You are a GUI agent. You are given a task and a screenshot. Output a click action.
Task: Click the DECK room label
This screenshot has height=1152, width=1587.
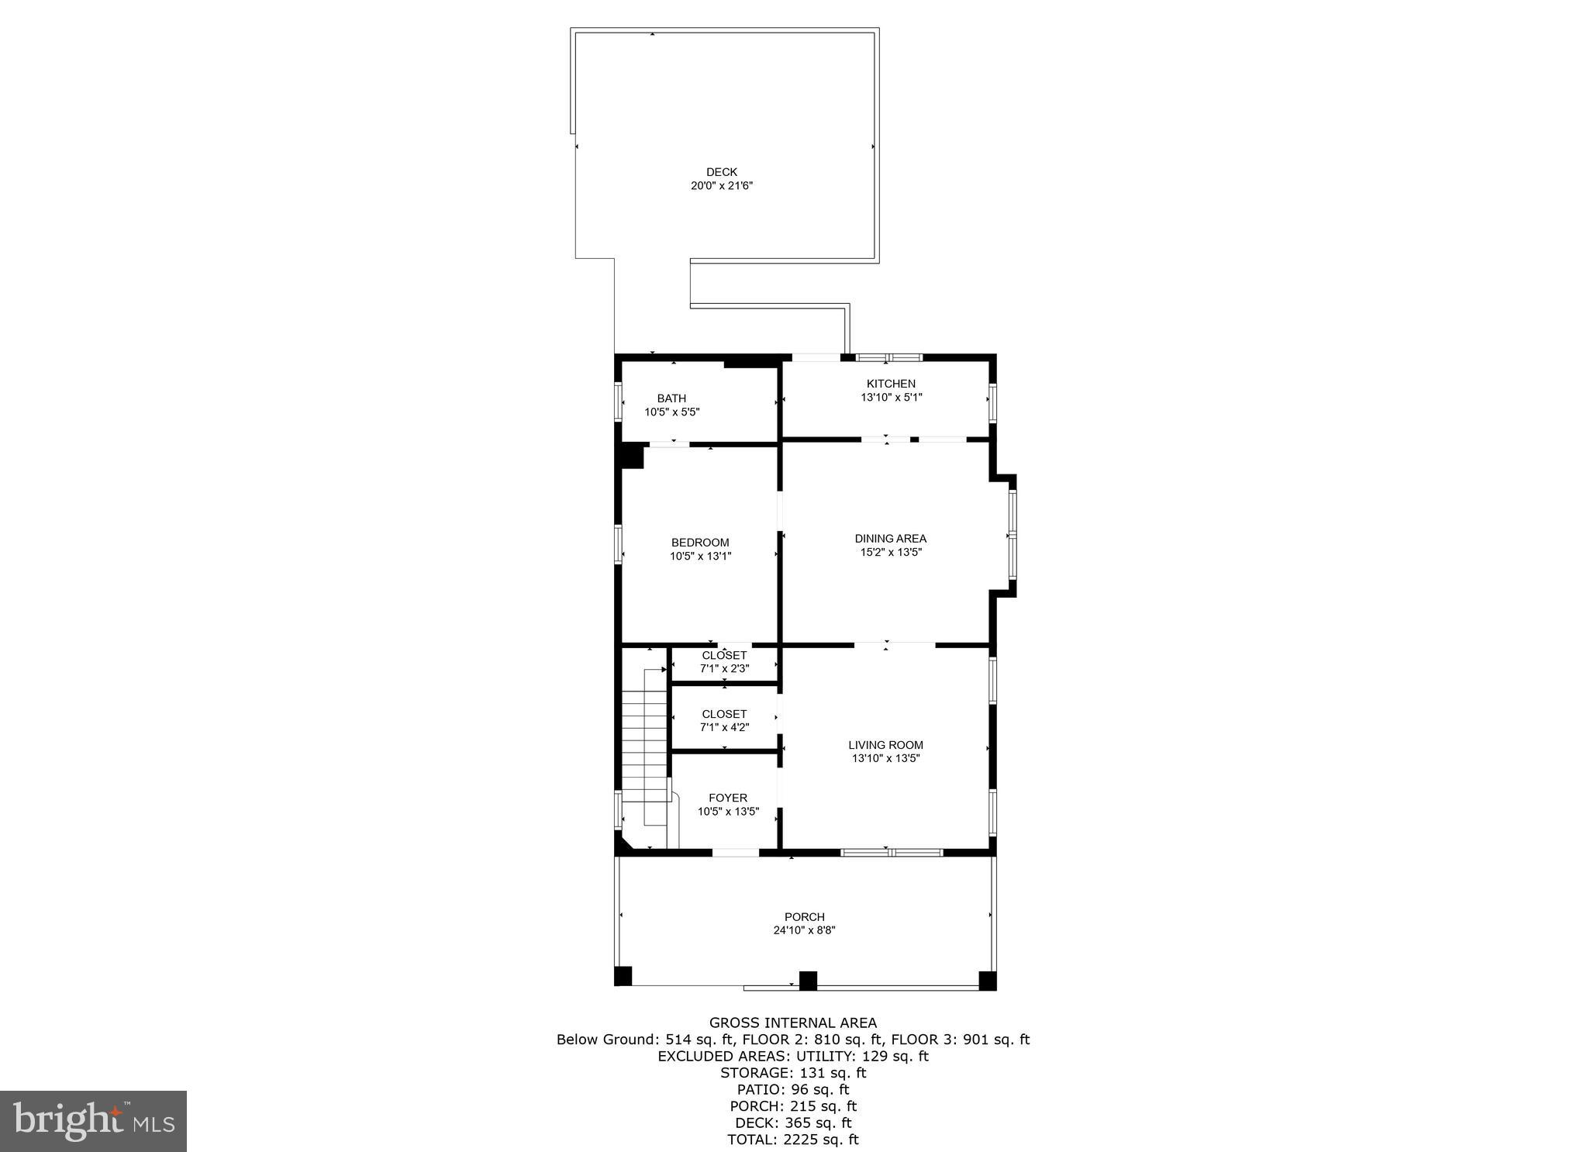click(x=721, y=172)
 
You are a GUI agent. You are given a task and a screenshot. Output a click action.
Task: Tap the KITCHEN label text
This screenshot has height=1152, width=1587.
click(x=891, y=384)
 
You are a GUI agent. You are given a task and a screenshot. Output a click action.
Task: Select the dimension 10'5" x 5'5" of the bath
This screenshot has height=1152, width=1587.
click(x=672, y=412)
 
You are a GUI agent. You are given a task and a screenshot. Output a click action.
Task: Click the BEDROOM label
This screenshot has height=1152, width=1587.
click(x=700, y=543)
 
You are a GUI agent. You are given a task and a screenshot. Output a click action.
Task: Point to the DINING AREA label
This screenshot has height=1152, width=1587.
click(x=890, y=539)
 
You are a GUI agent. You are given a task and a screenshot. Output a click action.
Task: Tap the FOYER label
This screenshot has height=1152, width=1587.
click(x=727, y=798)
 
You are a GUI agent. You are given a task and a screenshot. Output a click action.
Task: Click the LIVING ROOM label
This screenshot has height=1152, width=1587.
click(x=885, y=745)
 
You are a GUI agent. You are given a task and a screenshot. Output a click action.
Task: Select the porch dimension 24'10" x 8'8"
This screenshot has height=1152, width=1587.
click(x=804, y=930)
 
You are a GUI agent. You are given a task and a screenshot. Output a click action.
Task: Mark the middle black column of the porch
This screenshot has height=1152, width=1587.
click(x=808, y=981)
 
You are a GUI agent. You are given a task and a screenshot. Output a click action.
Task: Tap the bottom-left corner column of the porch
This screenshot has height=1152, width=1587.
click(x=623, y=976)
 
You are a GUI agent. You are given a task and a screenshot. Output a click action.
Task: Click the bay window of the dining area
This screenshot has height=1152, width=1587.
click(x=1012, y=535)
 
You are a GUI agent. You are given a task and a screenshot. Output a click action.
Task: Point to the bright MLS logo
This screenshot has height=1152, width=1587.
click(x=93, y=1121)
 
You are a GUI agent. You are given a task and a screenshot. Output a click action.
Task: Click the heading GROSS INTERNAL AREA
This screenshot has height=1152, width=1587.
click(x=793, y=1023)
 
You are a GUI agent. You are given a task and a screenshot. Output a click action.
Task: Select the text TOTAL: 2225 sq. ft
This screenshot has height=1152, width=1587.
click(x=793, y=1140)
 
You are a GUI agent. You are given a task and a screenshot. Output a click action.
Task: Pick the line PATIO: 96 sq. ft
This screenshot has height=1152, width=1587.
click(x=793, y=1089)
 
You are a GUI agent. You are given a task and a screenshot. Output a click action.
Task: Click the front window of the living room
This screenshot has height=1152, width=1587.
click(x=892, y=853)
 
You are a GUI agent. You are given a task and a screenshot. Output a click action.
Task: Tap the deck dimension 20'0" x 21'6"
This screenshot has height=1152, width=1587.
click(x=721, y=186)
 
